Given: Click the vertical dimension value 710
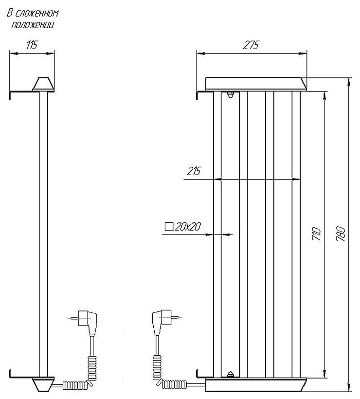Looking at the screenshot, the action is [316, 234].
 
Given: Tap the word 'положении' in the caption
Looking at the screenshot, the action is [33, 24].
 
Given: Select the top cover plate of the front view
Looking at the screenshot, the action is [256, 84].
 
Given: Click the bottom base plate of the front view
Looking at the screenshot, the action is [256, 384].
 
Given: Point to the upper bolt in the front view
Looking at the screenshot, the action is [230, 94].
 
